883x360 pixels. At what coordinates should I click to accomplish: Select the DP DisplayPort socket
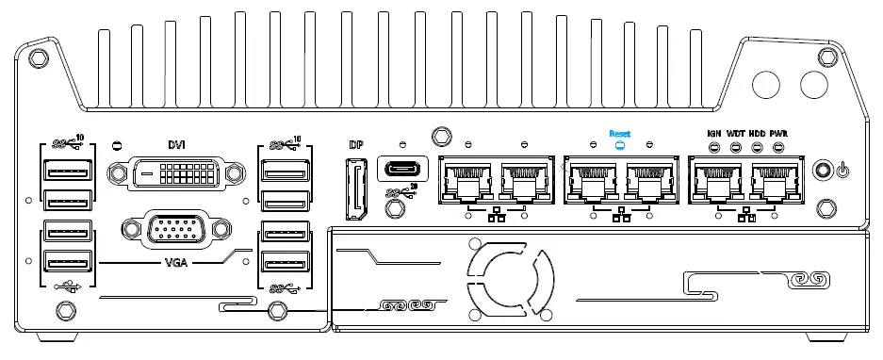click(355, 190)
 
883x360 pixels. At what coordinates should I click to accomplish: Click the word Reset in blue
click(620, 134)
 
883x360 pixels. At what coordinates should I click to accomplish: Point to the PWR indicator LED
click(777, 148)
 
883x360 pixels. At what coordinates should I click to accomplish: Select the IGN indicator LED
click(714, 148)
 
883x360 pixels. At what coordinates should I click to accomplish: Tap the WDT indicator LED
click(736, 148)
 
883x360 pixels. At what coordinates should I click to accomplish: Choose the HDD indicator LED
click(757, 148)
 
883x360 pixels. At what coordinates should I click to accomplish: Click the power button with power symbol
click(826, 172)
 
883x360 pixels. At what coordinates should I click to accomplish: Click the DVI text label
click(176, 144)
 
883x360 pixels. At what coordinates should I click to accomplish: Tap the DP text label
click(355, 145)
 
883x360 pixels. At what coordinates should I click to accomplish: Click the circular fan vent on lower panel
click(510, 280)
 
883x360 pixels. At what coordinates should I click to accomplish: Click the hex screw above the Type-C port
click(438, 136)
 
